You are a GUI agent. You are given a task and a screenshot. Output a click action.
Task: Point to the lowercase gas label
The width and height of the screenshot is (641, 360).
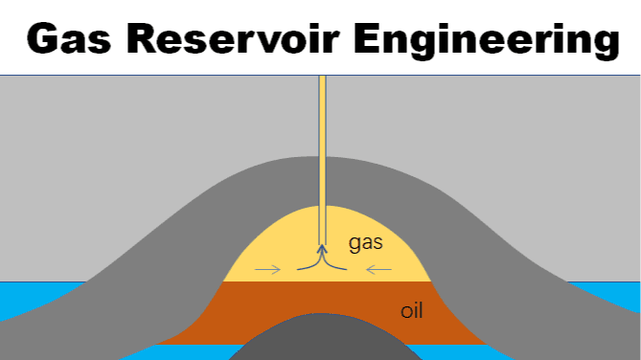[x=366, y=244]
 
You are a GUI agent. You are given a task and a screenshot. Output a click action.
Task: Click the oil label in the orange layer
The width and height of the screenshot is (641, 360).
[x=412, y=311]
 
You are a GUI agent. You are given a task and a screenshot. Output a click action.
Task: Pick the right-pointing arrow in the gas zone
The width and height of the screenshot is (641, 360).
[x=269, y=269]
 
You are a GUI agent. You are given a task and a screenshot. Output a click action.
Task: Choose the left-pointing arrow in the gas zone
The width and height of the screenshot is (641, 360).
[x=378, y=269]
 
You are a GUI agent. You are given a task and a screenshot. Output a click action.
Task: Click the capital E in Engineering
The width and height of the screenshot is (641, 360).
[x=365, y=39]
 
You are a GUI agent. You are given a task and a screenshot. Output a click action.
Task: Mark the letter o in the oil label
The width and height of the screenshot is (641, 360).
[x=405, y=312]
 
